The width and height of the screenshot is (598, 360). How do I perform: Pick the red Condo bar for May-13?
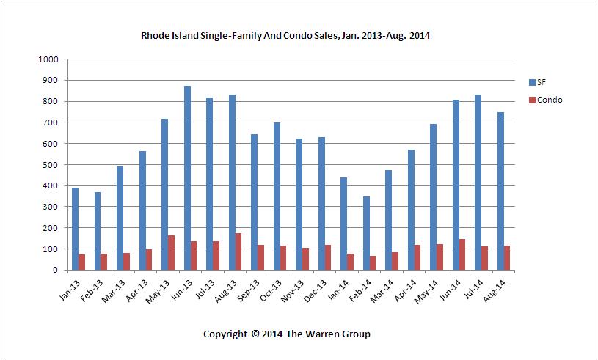(x=172, y=252)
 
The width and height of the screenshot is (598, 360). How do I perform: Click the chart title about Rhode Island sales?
(x=285, y=34)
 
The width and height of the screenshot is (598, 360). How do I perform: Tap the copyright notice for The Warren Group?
(x=287, y=334)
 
